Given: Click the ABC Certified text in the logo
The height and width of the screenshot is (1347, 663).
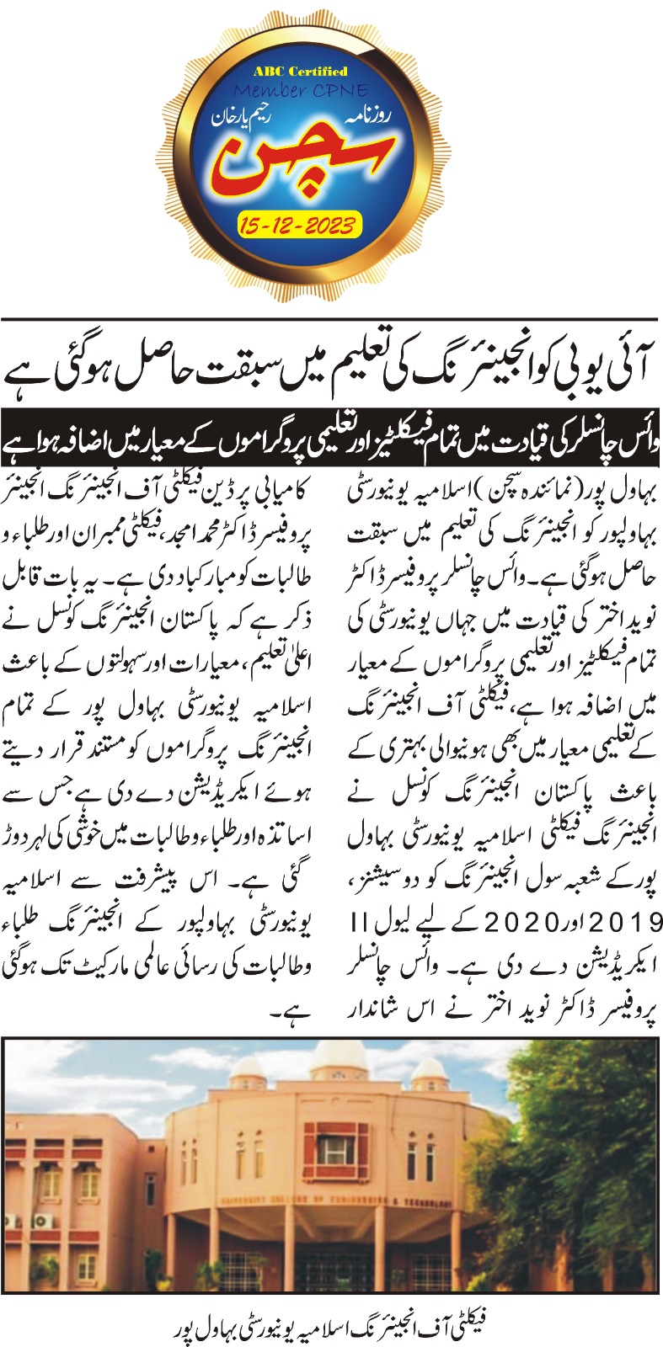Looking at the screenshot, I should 300,71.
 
